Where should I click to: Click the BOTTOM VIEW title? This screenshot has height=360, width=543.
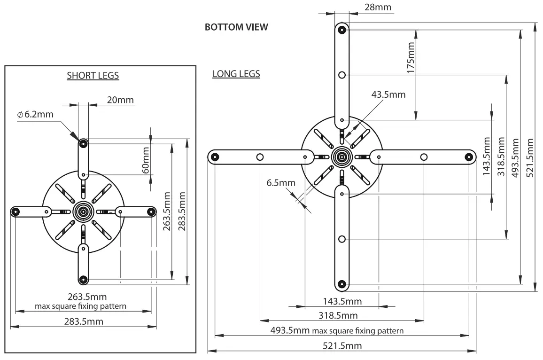click(x=236, y=27)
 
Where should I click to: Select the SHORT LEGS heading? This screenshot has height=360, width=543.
click(x=93, y=75)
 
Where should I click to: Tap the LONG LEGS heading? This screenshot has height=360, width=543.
click(x=236, y=74)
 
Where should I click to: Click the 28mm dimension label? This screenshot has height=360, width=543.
click(x=378, y=7)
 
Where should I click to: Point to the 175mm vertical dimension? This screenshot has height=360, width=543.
click(x=411, y=57)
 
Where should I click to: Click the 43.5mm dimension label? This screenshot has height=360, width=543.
click(x=388, y=94)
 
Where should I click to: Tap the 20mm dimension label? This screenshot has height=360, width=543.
click(x=120, y=100)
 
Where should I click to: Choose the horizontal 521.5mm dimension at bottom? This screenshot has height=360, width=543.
click(x=342, y=346)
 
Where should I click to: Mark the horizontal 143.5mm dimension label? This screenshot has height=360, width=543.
click(x=342, y=301)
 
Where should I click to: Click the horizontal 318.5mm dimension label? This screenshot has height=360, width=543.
click(x=337, y=315)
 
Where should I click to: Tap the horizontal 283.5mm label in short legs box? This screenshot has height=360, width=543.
click(x=83, y=321)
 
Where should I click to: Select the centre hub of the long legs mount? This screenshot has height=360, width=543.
click(x=342, y=157)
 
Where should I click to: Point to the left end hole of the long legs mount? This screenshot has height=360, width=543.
click(x=215, y=157)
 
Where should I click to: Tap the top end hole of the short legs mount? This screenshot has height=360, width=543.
click(x=83, y=143)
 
